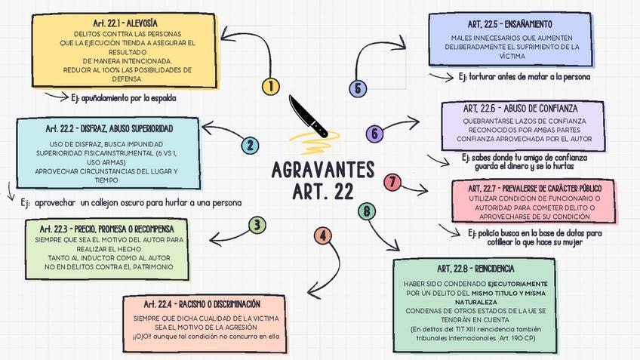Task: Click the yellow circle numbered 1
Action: (x=270, y=86)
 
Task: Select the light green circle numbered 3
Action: (x=257, y=224)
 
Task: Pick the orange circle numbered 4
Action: (x=323, y=235)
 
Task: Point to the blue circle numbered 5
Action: (x=358, y=88)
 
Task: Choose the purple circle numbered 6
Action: (x=374, y=134)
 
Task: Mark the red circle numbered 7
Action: (x=392, y=182)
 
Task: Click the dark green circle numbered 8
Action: (x=367, y=211)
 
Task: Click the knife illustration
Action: (x=309, y=116)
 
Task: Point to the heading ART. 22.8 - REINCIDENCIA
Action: (x=475, y=269)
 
